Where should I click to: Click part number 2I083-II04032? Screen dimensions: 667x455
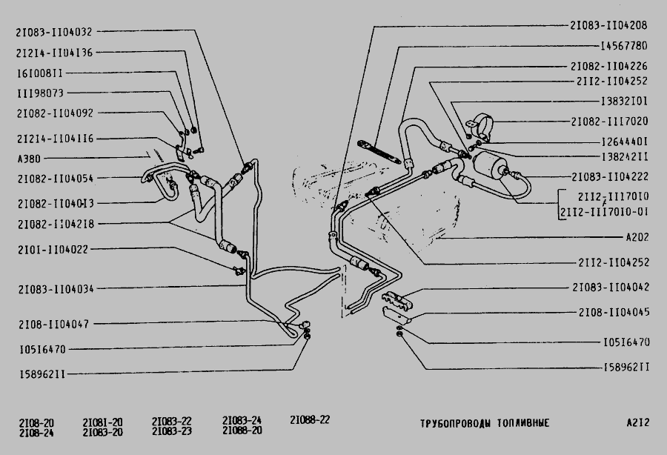(x=54, y=32)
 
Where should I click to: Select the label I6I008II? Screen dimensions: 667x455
(x=40, y=73)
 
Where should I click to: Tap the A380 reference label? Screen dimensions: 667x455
(x=29, y=159)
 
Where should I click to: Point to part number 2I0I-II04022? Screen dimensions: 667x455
(x=53, y=250)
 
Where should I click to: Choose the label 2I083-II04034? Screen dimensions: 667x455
(x=56, y=290)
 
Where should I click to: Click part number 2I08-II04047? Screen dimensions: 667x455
(x=53, y=325)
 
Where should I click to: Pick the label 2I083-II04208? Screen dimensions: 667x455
(x=608, y=25)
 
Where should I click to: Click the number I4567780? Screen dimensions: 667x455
(x=624, y=45)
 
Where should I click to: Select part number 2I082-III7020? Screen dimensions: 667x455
(x=610, y=122)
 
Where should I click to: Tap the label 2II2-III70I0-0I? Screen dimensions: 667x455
(x=605, y=212)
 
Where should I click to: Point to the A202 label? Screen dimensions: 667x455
(x=637, y=237)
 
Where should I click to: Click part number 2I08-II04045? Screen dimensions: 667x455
(x=614, y=313)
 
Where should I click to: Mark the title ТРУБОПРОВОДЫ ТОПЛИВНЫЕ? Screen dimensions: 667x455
(x=485, y=423)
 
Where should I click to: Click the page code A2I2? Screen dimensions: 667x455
(x=638, y=422)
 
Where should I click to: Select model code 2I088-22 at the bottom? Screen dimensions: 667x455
(x=310, y=420)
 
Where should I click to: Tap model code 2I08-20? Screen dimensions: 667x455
(x=36, y=423)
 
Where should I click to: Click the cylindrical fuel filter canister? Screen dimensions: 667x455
(x=489, y=166)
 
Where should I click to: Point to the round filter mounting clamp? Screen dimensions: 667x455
(x=481, y=123)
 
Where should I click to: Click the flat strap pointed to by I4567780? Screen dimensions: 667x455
(x=379, y=151)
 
